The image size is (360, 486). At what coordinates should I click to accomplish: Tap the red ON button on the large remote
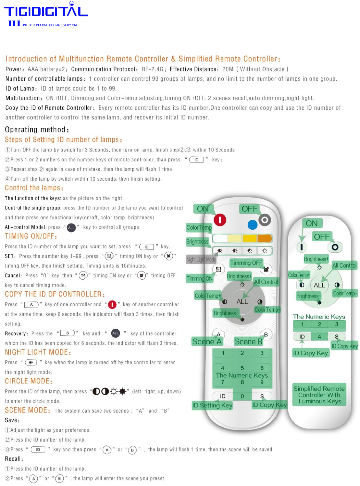[220, 220]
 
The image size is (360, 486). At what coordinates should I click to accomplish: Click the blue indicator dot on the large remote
[252, 224]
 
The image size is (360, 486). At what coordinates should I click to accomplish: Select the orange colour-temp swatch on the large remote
[264, 238]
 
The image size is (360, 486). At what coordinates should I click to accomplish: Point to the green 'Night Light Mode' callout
[201, 260]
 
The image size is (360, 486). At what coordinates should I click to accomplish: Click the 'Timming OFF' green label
[246, 263]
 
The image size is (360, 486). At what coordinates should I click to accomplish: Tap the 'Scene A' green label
[207, 342]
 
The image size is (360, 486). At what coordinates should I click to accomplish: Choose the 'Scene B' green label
[248, 342]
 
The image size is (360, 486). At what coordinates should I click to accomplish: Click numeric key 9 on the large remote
[262, 382]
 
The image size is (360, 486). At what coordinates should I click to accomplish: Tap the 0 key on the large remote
[242, 396]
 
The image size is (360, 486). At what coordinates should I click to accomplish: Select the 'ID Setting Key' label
[212, 405]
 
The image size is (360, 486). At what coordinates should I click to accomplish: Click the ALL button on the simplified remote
[319, 285]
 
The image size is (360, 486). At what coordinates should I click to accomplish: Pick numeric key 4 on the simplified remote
[319, 337]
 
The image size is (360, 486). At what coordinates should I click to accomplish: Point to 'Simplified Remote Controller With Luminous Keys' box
[319, 395]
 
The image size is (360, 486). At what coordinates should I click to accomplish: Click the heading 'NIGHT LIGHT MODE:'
[38, 352]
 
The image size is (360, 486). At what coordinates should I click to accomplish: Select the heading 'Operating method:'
[37, 130]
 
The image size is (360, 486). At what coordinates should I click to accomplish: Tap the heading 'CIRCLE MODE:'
[29, 381]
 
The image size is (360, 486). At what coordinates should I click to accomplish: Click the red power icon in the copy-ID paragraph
[112, 305]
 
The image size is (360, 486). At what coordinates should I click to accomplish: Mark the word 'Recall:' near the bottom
[14, 459]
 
